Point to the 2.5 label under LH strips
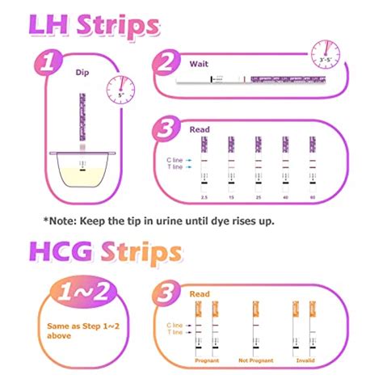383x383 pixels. tap(206, 198)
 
